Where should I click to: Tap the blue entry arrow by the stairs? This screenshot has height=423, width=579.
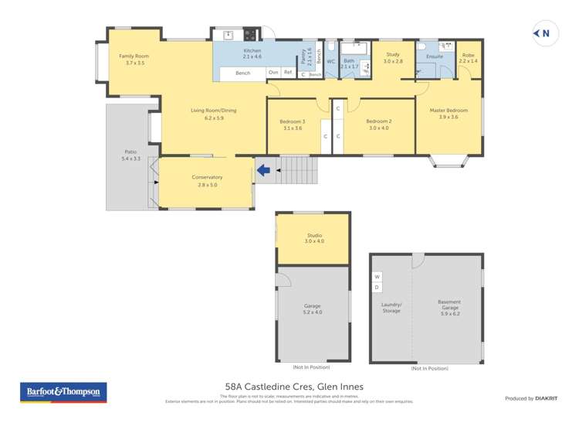[265, 169]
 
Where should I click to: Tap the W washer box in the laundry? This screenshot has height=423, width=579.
[378, 276]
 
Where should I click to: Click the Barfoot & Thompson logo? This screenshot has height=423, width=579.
[63, 392]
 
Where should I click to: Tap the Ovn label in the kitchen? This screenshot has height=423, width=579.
[273, 72]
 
